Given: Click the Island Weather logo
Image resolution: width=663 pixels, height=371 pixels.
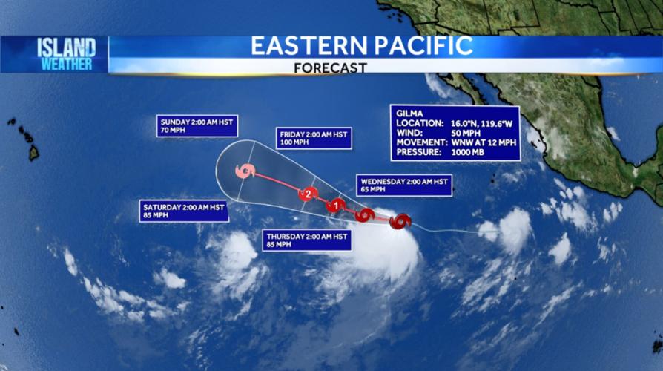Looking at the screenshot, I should (x=66, y=54).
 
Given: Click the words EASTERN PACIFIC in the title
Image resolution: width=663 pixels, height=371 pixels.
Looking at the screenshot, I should (x=361, y=46).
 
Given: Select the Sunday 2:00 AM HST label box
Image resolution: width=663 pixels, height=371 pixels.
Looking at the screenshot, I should (x=197, y=126).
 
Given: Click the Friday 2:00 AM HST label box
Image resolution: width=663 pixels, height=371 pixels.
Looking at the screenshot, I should (x=314, y=138).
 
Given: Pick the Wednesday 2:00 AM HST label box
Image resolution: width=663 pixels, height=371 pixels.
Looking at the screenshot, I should (x=404, y=185).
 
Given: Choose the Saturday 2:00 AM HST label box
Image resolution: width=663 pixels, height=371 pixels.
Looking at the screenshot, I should (x=182, y=211).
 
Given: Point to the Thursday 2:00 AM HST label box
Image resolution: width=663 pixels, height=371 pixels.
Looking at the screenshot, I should (x=306, y=240).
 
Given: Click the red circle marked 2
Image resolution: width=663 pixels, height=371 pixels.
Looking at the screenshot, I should (x=307, y=194).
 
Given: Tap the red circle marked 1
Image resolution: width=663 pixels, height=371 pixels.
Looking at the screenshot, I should (x=336, y=206).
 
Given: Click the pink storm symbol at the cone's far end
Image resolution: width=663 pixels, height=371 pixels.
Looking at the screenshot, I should (x=245, y=171).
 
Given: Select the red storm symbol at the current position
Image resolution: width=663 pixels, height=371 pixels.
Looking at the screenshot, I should (x=400, y=221).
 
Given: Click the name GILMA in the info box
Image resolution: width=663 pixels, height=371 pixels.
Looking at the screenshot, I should (x=410, y=113).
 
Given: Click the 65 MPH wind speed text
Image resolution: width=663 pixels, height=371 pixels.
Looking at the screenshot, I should (x=375, y=190).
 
